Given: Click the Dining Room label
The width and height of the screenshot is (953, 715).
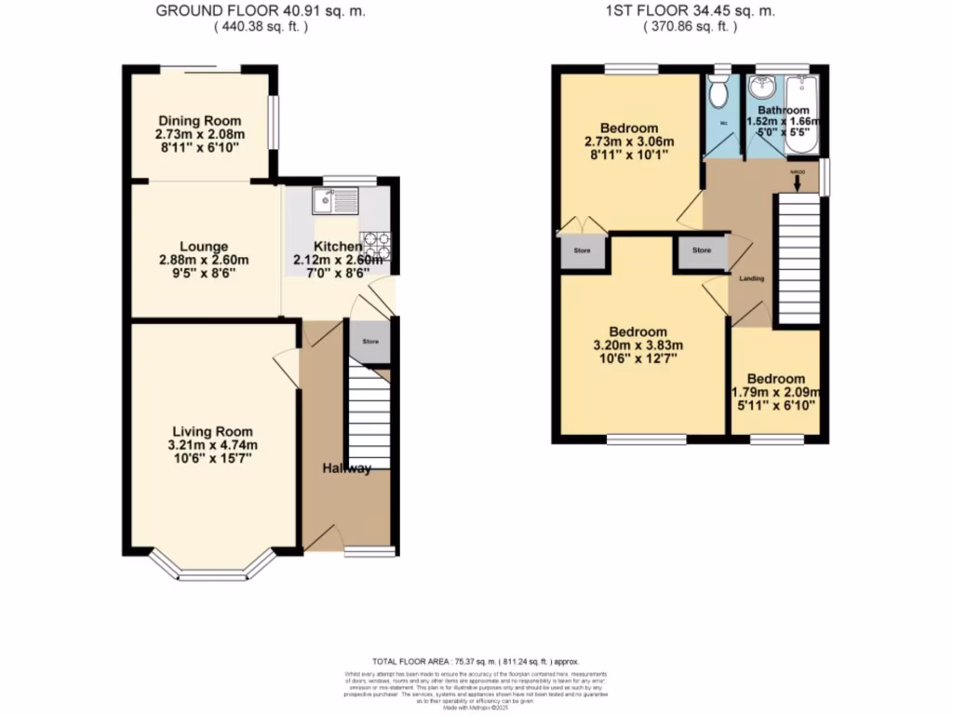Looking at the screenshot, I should click(x=199, y=121).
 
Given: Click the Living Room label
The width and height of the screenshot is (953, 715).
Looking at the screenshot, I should click(x=212, y=431).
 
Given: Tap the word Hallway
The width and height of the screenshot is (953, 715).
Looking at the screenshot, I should click(x=347, y=468).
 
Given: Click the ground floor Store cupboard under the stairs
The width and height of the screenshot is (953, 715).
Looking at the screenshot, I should click(x=369, y=343).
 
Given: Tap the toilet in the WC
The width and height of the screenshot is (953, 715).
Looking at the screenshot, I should click(x=718, y=93).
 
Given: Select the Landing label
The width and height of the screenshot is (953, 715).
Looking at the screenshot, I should click(x=752, y=278).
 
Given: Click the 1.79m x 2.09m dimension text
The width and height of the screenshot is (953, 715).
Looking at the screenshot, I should click(x=776, y=393).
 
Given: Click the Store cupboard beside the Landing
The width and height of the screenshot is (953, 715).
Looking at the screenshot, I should click(x=701, y=250).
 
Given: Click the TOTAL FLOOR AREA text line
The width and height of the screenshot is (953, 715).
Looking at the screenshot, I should click(x=476, y=659).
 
